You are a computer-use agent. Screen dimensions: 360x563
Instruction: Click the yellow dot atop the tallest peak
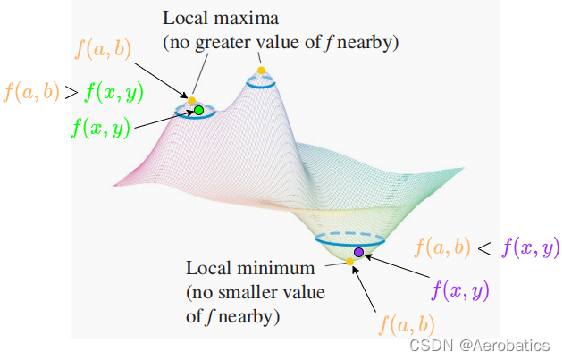click(x=261, y=70)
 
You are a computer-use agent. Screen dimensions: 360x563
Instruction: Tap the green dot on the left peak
click(x=198, y=111)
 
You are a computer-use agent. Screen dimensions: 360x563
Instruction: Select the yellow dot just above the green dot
click(x=192, y=99)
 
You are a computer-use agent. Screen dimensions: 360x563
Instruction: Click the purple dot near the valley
click(x=358, y=253)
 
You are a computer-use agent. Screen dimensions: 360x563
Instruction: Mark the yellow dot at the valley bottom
click(x=349, y=262)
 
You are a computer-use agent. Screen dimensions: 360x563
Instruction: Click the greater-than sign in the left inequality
click(x=70, y=91)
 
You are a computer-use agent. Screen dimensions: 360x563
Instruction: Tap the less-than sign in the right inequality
click(x=483, y=248)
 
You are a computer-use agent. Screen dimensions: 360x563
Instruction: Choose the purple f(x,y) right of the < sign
click(x=530, y=247)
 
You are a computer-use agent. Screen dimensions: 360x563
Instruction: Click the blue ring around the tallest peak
click(x=261, y=83)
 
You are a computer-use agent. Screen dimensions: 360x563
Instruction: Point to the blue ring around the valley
click(x=349, y=240)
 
